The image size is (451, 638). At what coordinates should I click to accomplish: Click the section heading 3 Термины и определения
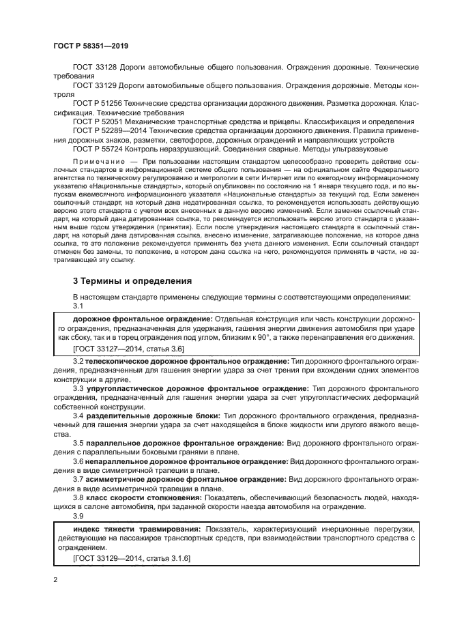[x=123, y=280]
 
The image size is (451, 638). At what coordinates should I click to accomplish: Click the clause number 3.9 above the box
[x=78, y=516]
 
